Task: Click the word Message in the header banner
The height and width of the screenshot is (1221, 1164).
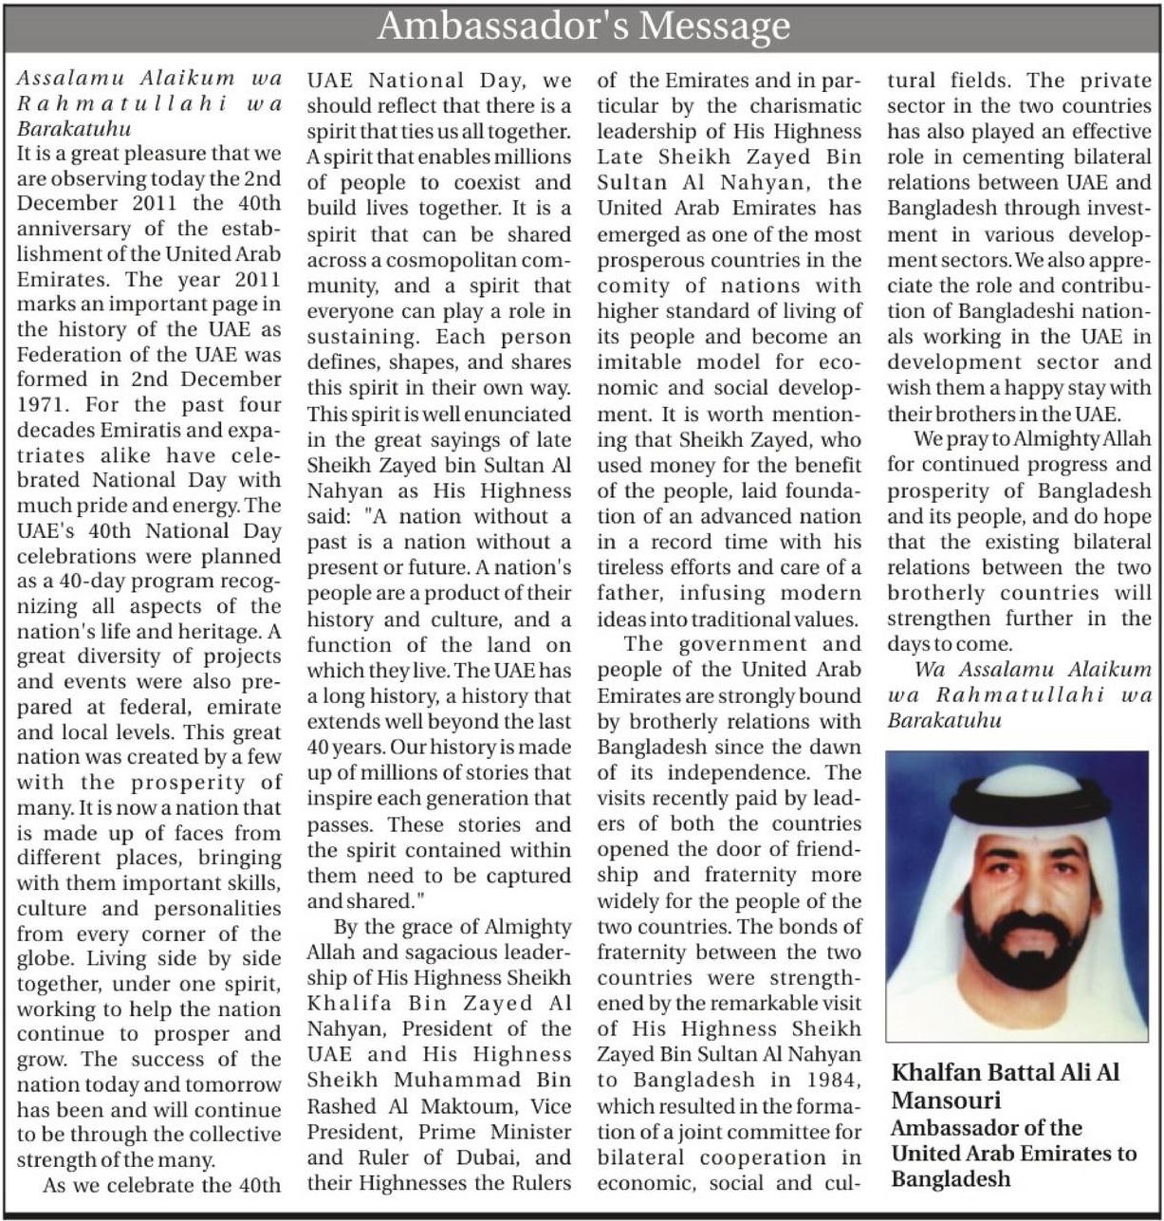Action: tap(713, 26)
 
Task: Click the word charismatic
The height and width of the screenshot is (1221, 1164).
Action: tap(803, 106)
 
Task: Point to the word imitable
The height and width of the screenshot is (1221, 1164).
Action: tap(640, 362)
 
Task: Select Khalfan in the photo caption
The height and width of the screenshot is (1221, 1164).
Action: tap(936, 1073)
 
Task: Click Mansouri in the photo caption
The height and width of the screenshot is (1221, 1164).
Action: tap(946, 1101)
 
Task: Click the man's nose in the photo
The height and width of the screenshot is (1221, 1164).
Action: tap(1018, 897)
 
